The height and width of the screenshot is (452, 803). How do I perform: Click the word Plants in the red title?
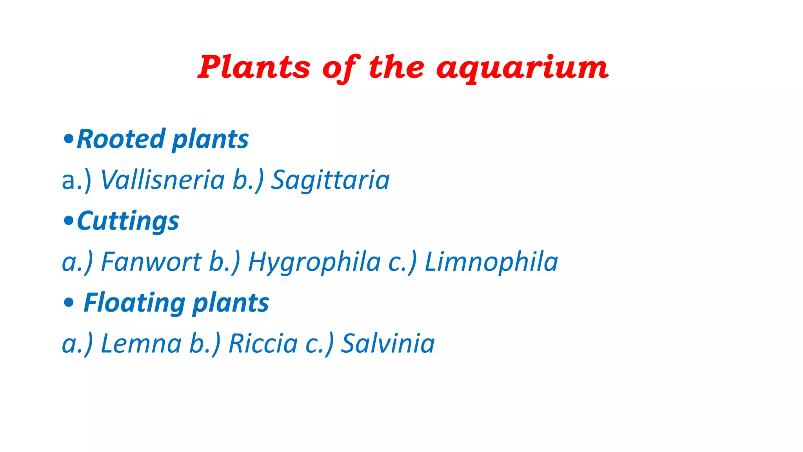point(254,67)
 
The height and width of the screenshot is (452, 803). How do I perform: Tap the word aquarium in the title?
point(522,68)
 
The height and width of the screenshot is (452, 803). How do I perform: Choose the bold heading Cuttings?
point(128,221)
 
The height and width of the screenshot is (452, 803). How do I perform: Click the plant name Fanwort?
point(151,262)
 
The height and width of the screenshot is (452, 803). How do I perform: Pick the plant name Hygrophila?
point(314,262)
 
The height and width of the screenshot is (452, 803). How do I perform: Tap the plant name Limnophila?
point(491,262)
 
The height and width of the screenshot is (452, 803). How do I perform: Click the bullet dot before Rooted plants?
point(68,139)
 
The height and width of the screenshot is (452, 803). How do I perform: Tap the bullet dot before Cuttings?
point(68,221)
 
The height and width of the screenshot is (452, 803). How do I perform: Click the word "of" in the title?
point(340,68)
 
